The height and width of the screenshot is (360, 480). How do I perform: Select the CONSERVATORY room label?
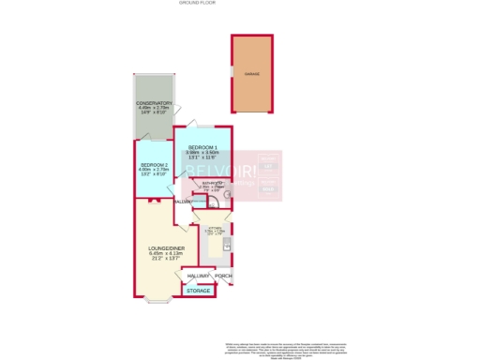[154, 103]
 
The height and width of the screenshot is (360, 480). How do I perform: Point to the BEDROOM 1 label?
[202, 148]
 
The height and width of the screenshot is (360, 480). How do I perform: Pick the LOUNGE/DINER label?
[157, 247]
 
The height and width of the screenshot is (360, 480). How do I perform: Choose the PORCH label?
[223, 277]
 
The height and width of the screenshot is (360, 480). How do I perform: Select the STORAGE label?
[198, 291]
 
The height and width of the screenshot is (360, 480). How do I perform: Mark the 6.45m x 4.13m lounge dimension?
[157, 253]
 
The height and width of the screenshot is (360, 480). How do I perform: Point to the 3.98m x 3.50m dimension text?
[202, 154]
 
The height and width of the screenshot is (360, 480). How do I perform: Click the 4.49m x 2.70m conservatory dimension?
[154, 109]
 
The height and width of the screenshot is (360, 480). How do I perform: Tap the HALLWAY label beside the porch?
[198, 277]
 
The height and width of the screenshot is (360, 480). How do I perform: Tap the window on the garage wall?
[232, 73]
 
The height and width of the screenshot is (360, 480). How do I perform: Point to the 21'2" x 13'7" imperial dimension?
[157, 259]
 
